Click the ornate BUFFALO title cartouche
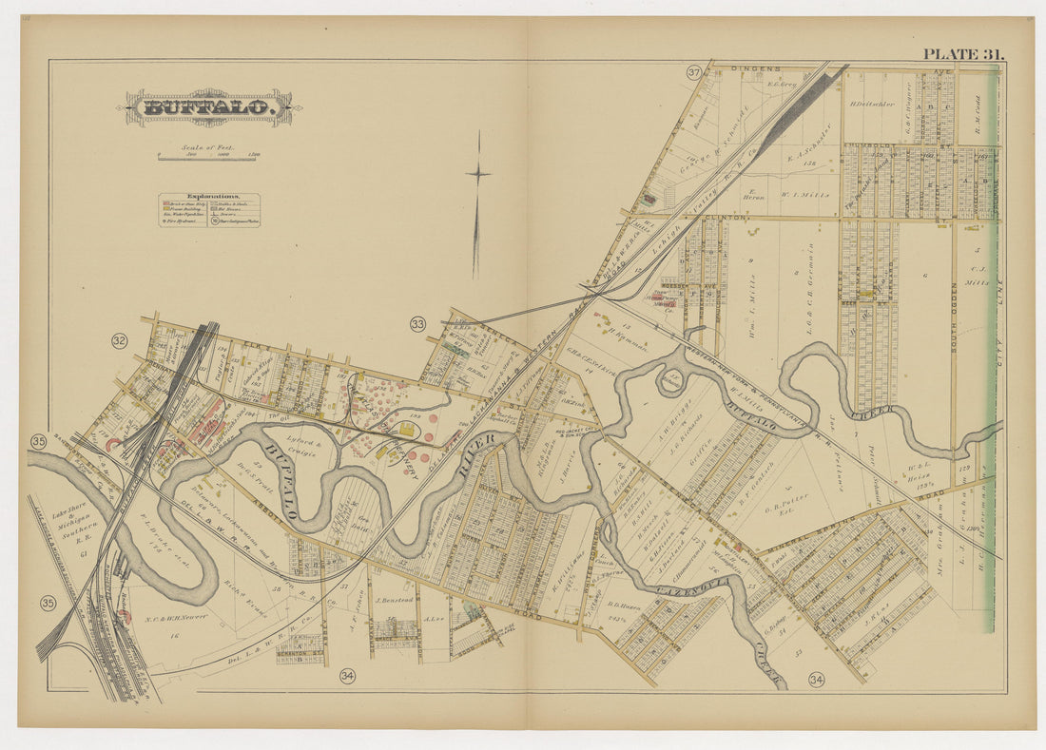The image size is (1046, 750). [x=209, y=107]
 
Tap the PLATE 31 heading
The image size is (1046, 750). [x=962, y=54]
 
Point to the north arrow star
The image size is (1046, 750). [x=478, y=173]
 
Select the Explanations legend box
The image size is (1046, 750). [x=209, y=209]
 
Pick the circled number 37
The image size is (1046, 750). [x=694, y=72]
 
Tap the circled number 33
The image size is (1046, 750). [x=417, y=324]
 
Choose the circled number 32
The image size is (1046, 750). [x=119, y=340]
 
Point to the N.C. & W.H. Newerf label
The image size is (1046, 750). [x=100, y=620]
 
